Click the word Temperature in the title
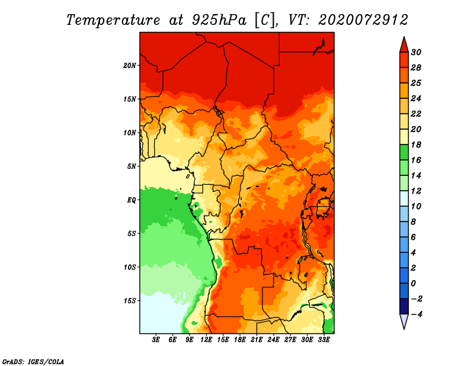pos(113,21)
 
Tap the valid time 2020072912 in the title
pos(363,20)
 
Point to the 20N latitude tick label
pos(130,66)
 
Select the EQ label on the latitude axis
pos(131,200)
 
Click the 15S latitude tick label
pos(130,301)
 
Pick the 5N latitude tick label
pos(132,166)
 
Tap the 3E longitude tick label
pos(156,340)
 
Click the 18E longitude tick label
pos(240,340)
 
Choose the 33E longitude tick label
pos(324,340)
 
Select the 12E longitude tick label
pos(206,340)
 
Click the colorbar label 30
pos(416,52)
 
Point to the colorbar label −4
pos(416,314)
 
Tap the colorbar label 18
pos(416,145)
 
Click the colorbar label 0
pos(414,284)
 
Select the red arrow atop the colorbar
pos(404,44)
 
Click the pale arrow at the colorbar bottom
pos(404,322)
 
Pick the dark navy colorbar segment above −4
pos(404,306)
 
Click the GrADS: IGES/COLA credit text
pos(33,361)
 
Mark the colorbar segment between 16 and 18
pos(404,152)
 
